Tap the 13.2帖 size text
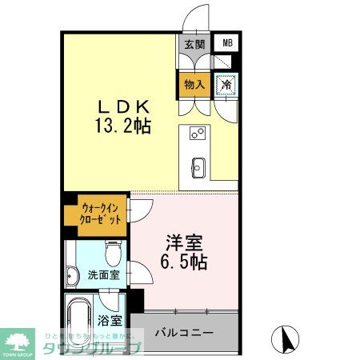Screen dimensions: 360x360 point(124,126)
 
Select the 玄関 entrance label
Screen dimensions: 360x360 point(194,45)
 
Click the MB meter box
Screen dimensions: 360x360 point(228,43)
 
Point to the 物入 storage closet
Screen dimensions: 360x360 point(194,84)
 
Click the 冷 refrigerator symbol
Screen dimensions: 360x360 point(226,82)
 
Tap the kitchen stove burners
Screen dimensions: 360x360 point(197,134)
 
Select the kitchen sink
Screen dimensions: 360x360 point(198,167)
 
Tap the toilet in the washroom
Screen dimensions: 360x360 point(112,254)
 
